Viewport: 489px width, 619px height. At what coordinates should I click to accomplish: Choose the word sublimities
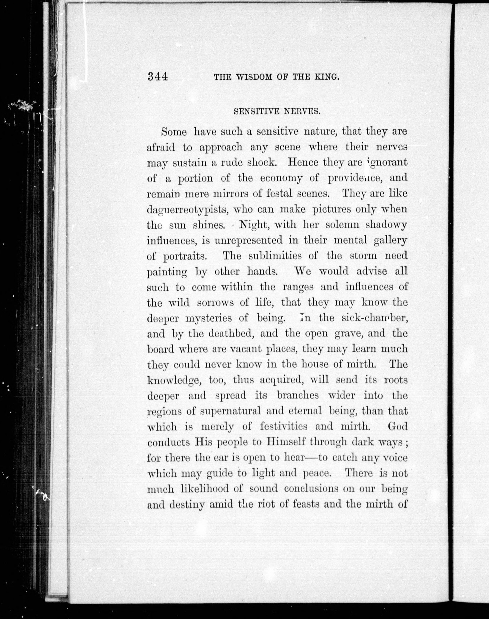pos(275,256)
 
